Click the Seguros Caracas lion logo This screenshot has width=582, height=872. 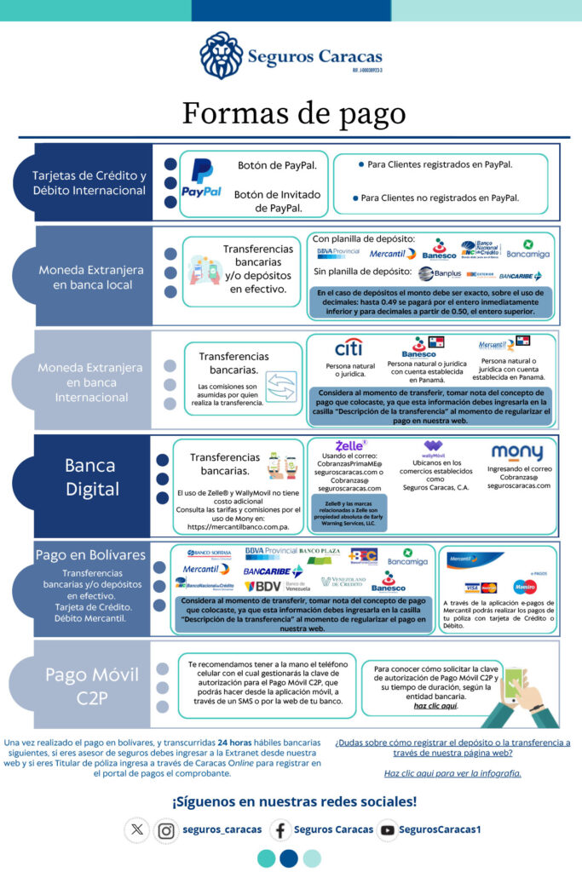point(221,55)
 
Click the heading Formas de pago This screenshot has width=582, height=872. point(294,113)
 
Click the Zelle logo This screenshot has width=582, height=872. point(350,445)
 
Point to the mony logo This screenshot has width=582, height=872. point(516,452)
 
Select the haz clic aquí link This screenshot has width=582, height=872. point(435,706)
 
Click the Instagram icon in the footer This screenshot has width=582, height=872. point(166,829)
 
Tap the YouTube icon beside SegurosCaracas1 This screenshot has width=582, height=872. point(388,829)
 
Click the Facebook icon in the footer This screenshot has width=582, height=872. point(280,829)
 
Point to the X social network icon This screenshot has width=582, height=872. point(138,829)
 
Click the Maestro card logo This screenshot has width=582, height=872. point(525,587)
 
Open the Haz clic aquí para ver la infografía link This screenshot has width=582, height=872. point(452,773)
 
